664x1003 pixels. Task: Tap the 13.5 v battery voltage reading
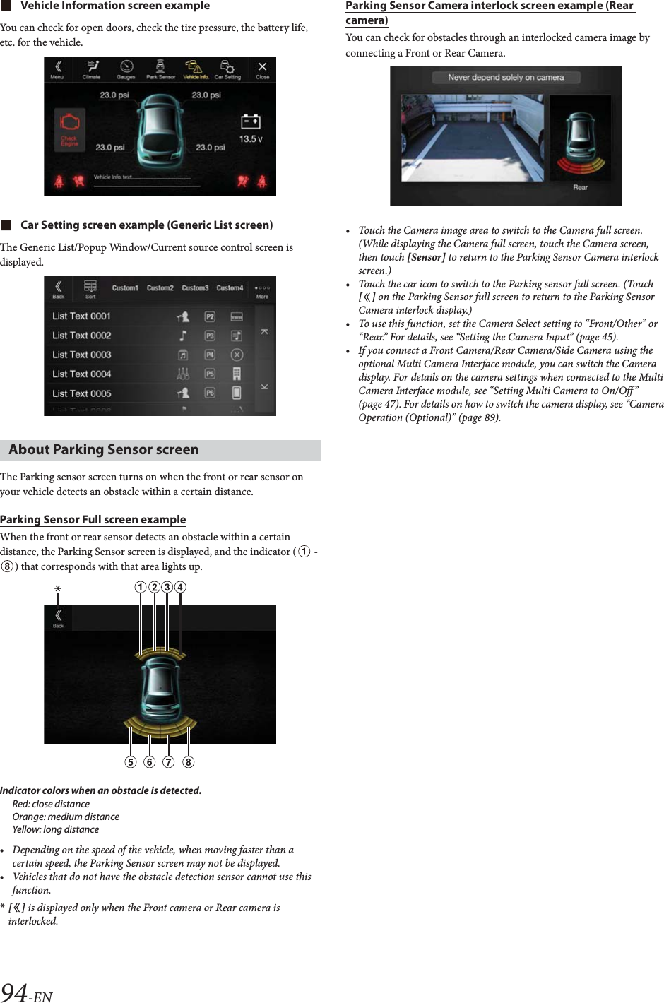point(250,138)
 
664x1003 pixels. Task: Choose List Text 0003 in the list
point(81,355)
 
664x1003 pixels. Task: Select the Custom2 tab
point(160,288)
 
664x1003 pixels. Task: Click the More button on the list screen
point(262,290)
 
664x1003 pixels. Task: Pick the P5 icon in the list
point(210,374)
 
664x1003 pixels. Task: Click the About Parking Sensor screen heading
point(104,450)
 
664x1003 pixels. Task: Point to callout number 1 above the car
point(141,587)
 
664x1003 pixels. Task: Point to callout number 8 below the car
point(188,762)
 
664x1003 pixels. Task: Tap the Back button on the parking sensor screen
point(58,618)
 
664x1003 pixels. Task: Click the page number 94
point(15,992)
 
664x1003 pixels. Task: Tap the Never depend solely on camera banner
point(506,78)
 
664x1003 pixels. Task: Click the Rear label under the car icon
point(580,187)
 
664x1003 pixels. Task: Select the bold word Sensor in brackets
point(426,257)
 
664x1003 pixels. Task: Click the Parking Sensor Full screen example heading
point(93,520)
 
